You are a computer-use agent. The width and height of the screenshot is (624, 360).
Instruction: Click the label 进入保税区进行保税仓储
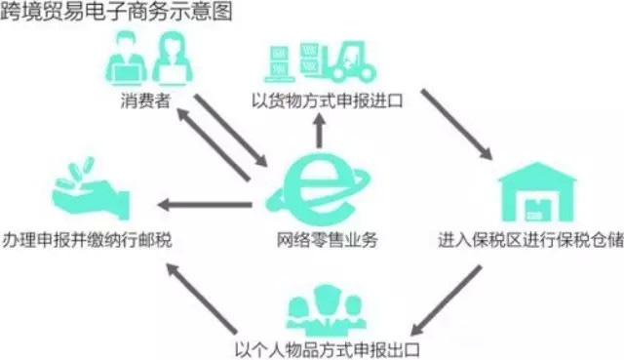(529, 239)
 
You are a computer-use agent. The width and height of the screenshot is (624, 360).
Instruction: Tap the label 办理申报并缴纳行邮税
(87, 239)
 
